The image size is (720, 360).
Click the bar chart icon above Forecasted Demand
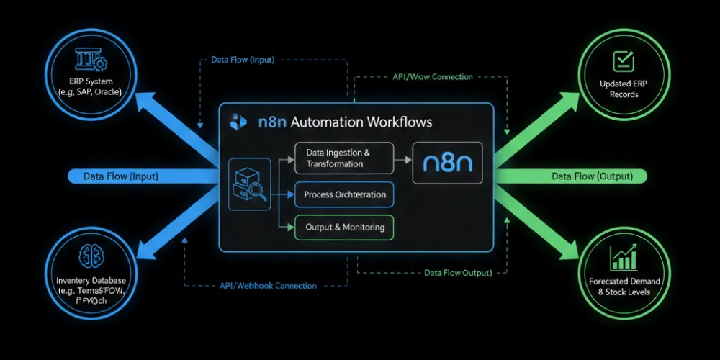point(624,258)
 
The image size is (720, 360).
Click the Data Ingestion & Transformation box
point(344,158)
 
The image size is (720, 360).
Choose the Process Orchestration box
point(344,194)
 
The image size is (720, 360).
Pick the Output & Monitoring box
point(344,228)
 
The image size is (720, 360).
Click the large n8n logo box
point(447,162)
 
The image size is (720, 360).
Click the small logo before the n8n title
point(236,122)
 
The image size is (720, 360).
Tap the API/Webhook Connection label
point(267,286)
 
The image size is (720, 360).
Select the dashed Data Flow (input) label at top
point(242,60)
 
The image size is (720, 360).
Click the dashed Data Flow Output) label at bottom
point(458,273)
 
